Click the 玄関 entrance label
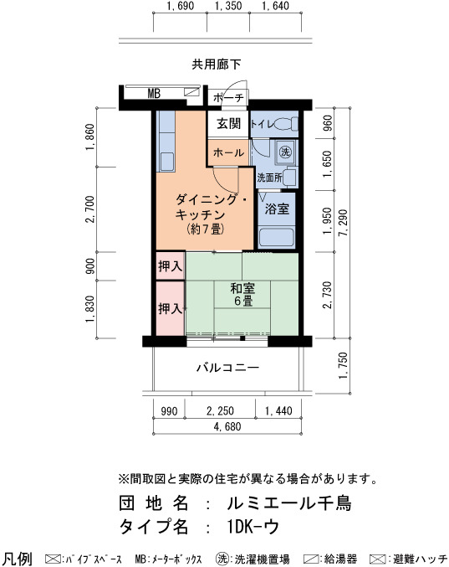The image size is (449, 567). click(x=228, y=124)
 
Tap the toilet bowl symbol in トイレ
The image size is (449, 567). click(x=286, y=125)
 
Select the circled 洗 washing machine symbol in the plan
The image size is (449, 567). click(x=285, y=152)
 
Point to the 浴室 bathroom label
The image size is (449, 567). click(x=277, y=209)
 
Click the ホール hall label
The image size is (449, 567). click(x=228, y=152)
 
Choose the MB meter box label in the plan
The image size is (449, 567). click(x=154, y=94)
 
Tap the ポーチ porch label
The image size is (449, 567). click(x=229, y=98)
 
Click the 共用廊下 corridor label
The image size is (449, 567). click(x=216, y=64)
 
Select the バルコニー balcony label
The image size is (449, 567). click(x=227, y=369)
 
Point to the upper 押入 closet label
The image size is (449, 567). click(x=170, y=266)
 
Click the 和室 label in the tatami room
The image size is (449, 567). click(x=242, y=289)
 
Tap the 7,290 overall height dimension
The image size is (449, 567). click(x=344, y=223)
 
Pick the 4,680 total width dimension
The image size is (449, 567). click(x=227, y=426)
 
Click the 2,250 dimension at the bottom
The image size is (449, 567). click(x=220, y=411)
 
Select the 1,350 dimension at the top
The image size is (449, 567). click(x=228, y=6)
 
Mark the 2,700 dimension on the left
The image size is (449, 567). click(x=89, y=209)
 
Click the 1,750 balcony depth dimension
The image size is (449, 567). click(x=344, y=366)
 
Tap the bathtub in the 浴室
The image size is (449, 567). click(x=277, y=238)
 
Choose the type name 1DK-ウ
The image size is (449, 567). click(x=253, y=527)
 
